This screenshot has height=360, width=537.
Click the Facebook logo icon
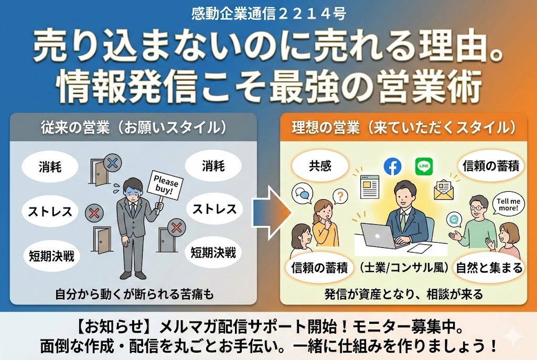[x=392, y=167]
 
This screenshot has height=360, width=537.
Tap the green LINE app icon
[x=424, y=167]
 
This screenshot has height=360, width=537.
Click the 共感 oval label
[x=320, y=167]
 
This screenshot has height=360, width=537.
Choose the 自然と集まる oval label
[x=489, y=268]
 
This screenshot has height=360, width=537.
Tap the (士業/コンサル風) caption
[x=404, y=268]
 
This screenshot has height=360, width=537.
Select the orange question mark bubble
[x=341, y=197]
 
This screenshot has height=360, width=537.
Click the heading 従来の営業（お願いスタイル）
[x=134, y=127]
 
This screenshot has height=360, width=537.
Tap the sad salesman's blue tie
[x=133, y=210]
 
